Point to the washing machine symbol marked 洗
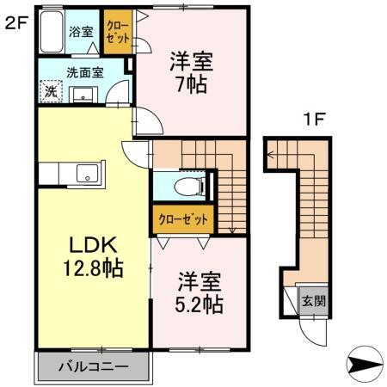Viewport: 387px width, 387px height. tap(51, 90)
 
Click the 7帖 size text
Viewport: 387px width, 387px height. tap(191, 85)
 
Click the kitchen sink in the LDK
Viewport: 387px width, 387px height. tap(88, 175)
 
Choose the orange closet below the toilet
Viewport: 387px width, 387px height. tap(183, 219)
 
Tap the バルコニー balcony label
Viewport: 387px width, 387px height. tap(94, 366)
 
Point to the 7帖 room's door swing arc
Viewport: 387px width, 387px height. tap(147, 122)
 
